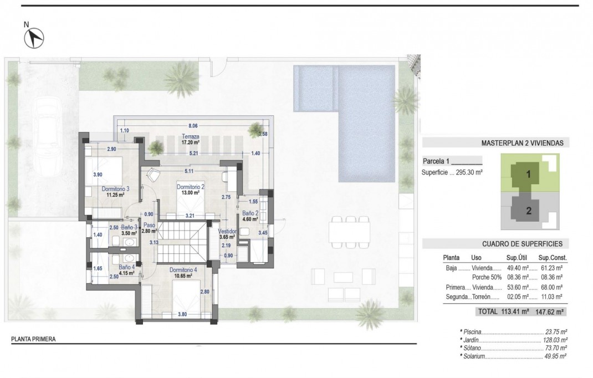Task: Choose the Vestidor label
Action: point(227,231)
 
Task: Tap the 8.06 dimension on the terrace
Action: point(193,126)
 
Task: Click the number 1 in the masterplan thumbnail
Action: point(528,174)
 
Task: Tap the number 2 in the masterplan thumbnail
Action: point(528,211)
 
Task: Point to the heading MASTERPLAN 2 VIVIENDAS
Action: point(522,143)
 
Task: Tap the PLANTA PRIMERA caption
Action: point(34,339)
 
